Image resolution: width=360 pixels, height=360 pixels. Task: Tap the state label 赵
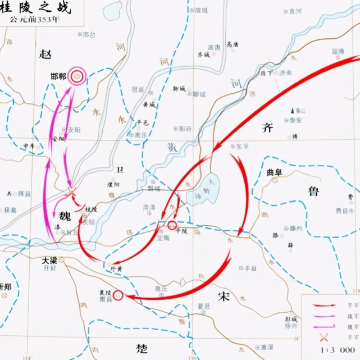click(x=45, y=53)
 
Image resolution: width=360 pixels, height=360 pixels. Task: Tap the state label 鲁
click(x=313, y=191)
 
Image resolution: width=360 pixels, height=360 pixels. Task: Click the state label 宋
click(x=224, y=298)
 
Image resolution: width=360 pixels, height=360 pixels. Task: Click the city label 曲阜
click(x=276, y=172)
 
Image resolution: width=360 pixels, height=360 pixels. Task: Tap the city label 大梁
click(x=51, y=261)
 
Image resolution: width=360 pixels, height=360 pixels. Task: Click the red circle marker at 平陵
click(x=172, y=225)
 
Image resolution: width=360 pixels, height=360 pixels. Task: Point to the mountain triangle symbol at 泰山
click(x=292, y=110)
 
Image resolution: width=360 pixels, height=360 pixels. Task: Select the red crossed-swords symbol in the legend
click(x=323, y=338)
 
